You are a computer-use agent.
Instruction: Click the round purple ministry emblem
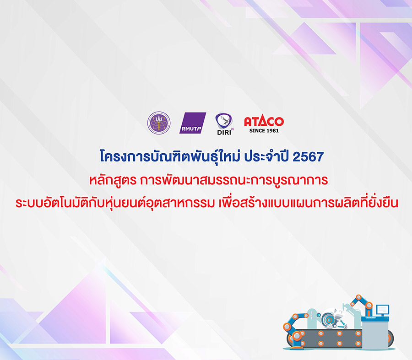coord(159,123)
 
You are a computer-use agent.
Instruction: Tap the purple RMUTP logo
coord(193,123)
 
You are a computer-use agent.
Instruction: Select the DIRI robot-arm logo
coord(224,124)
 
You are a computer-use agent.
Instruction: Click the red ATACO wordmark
coord(264,121)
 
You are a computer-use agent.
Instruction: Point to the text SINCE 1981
coord(264,130)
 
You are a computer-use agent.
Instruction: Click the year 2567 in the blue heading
coord(308,157)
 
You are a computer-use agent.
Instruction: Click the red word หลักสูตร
coord(113,180)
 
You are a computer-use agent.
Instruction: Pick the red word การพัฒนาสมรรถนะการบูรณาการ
coord(234,180)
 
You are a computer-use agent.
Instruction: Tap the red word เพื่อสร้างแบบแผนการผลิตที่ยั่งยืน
coord(309,203)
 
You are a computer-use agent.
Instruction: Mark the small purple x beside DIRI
coord(232,129)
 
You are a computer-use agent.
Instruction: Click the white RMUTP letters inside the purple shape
coord(191,129)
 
